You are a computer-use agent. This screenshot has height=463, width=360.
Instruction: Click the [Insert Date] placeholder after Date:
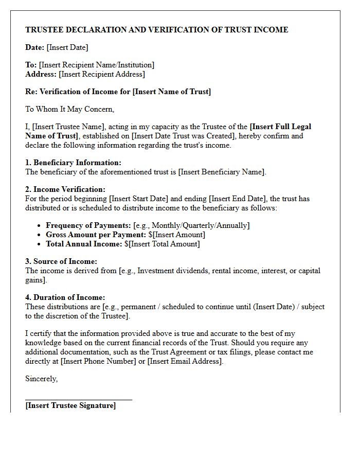(x=67, y=47)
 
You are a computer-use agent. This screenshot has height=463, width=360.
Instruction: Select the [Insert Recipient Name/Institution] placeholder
(x=97, y=65)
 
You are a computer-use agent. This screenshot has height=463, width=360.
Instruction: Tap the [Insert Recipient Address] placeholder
(x=102, y=74)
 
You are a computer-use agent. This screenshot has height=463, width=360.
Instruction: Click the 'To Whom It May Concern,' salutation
(x=70, y=109)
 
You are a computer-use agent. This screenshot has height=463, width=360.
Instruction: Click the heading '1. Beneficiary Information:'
(x=74, y=163)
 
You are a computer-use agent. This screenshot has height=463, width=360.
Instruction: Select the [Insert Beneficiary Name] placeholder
(x=222, y=172)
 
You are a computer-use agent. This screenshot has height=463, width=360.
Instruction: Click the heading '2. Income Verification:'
(x=65, y=189)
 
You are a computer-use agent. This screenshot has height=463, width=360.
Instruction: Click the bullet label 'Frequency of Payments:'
(x=88, y=225)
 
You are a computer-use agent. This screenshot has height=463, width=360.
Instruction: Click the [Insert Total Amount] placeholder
(x=165, y=244)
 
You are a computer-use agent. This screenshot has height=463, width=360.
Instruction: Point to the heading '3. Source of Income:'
(x=61, y=261)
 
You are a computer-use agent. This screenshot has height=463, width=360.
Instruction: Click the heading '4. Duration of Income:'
(x=65, y=297)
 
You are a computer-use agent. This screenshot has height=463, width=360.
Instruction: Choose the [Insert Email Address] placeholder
(x=185, y=361)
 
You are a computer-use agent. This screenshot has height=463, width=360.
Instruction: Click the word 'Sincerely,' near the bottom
(x=42, y=379)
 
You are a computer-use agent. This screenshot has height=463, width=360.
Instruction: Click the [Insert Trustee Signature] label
(x=70, y=405)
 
